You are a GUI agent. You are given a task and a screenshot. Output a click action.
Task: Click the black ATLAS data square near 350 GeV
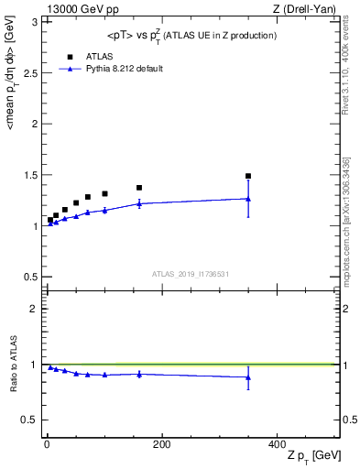point(248,176)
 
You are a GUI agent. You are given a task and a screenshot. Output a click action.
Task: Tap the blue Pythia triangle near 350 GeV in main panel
point(248,198)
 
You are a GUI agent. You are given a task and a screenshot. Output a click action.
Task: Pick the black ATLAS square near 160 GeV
point(139,188)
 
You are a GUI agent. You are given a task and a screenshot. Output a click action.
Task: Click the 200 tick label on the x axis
point(162,444)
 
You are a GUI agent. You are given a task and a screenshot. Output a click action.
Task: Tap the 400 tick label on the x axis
point(277,444)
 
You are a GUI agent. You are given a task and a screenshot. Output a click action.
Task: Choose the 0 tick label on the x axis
point(47,444)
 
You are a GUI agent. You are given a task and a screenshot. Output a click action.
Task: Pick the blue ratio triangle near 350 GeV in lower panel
point(248,377)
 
